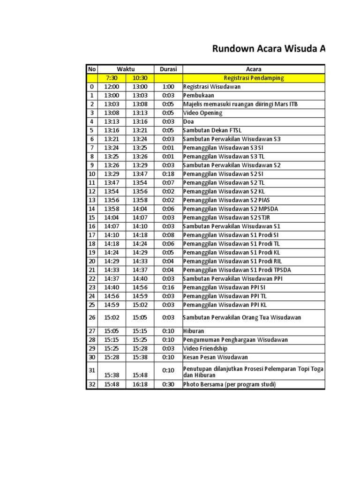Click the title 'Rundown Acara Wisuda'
click(x=269, y=49)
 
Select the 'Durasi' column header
click(x=168, y=69)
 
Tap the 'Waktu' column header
click(x=126, y=69)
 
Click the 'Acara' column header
click(x=253, y=69)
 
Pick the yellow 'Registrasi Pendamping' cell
click(x=253, y=78)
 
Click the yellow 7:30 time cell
click(x=112, y=78)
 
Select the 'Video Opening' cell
click(x=203, y=113)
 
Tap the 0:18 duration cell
click(x=168, y=174)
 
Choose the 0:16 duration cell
click(x=168, y=287)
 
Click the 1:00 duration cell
click(x=168, y=87)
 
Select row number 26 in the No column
click(x=92, y=317)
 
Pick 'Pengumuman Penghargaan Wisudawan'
click(x=235, y=340)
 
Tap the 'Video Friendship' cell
click(x=205, y=348)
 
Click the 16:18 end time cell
click(x=140, y=384)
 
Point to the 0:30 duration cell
click(x=168, y=384)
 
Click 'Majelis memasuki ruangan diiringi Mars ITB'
click(x=240, y=104)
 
